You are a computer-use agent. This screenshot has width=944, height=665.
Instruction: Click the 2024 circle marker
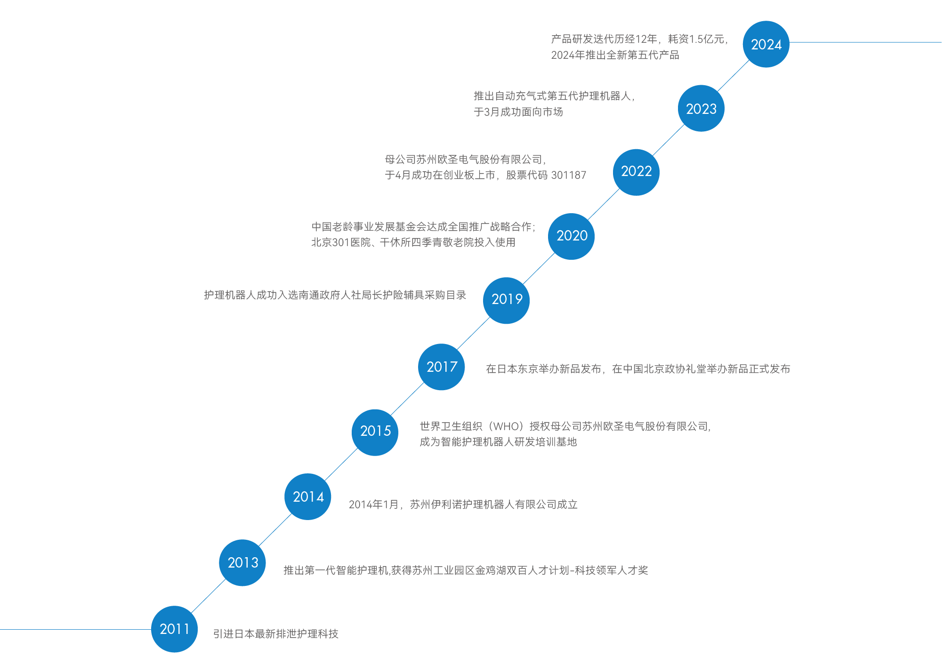point(766,44)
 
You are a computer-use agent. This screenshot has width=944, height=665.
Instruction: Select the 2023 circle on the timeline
point(701,108)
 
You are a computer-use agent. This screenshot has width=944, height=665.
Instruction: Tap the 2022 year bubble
point(636,172)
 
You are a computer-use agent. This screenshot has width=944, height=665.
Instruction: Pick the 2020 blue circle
point(571,236)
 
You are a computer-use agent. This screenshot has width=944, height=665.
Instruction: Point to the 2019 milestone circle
point(506,300)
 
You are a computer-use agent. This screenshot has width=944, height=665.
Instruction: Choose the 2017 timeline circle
point(441,367)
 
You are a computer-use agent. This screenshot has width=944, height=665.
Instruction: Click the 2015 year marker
point(375,432)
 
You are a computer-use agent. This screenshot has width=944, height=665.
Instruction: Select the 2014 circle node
point(308,497)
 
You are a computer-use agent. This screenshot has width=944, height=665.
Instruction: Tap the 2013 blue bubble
point(242,562)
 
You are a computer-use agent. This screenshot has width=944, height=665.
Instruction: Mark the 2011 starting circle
point(174,629)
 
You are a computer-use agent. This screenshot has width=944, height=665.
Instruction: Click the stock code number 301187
point(568,176)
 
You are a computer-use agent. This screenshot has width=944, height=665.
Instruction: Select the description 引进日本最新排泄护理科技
point(275,634)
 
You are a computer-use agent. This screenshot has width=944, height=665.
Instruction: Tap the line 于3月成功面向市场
point(518,112)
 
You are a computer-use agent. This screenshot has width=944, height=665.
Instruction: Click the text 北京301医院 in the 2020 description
point(341,242)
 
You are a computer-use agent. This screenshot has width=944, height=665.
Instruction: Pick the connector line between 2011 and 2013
point(208,596)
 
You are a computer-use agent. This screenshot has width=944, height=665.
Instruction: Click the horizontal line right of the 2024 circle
point(866,42)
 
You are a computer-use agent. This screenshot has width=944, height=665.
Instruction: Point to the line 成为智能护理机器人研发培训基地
point(498,442)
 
